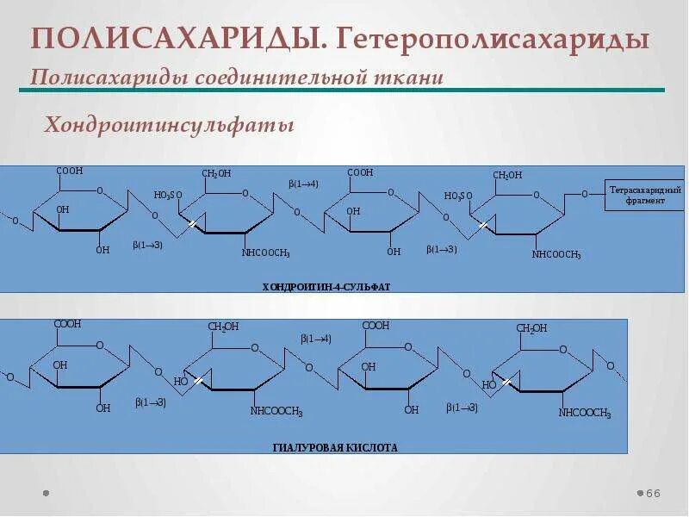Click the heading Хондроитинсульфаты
click(170, 126)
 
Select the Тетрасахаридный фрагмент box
click(644, 195)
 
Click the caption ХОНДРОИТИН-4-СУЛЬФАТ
click(326, 286)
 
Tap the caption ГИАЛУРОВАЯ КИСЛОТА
click(335, 448)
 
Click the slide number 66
click(653, 493)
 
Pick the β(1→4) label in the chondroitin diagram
click(303, 184)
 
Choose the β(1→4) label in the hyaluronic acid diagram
click(316, 339)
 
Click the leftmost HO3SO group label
click(168, 195)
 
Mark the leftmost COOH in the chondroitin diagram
click(70, 171)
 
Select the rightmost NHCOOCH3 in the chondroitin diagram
click(556, 255)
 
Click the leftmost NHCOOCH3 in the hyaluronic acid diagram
click(276, 412)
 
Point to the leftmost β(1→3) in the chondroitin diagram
click(148, 246)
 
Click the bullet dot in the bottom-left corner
click(46, 494)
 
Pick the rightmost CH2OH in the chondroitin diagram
click(507, 175)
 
